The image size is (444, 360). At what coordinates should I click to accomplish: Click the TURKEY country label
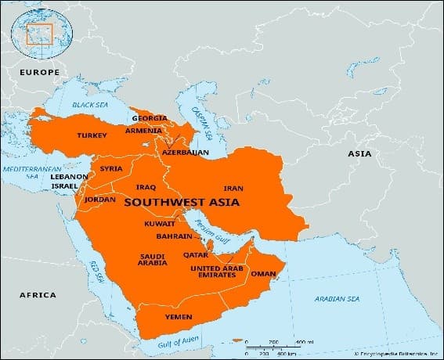tap(92, 135)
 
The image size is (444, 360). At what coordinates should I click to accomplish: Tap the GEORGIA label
tap(150, 118)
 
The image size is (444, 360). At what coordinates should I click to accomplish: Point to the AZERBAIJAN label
tap(186, 152)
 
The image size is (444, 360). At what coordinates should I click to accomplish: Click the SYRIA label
tap(110, 168)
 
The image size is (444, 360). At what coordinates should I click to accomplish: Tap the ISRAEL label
tap(66, 188)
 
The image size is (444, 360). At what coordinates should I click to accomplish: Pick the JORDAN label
tap(99, 200)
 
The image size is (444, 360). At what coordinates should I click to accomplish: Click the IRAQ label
tap(146, 187)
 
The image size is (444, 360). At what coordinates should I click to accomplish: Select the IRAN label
tap(233, 189)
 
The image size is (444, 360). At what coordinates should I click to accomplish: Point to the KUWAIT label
tap(160, 224)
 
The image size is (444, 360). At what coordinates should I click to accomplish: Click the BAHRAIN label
tap(174, 236)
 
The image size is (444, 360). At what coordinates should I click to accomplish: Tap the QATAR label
tap(194, 254)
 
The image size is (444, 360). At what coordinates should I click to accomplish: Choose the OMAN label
tap(262, 274)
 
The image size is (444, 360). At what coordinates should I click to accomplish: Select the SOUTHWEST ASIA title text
tap(182, 202)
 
